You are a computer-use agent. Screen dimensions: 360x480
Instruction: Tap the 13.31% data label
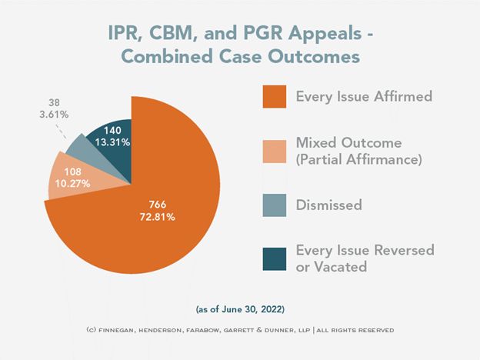(x=108, y=142)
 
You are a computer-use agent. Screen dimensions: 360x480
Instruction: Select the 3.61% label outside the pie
(x=53, y=114)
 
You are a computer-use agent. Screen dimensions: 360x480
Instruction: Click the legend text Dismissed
(x=329, y=205)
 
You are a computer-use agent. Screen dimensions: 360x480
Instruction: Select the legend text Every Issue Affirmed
(x=364, y=98)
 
